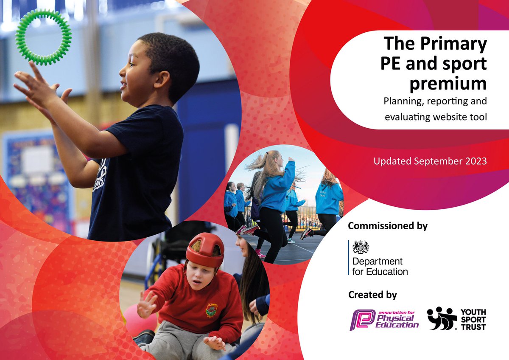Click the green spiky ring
(43, 37)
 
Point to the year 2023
(474, 161)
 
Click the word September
(432, 162)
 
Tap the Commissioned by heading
(388, 226)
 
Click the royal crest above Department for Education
(361, 247)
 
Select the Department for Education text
(380, 267)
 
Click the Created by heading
(372, 295)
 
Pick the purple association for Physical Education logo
(384, 319)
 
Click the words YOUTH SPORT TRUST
(473, 319)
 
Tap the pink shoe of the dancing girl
(250, 230)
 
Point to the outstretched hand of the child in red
(146, 304)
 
